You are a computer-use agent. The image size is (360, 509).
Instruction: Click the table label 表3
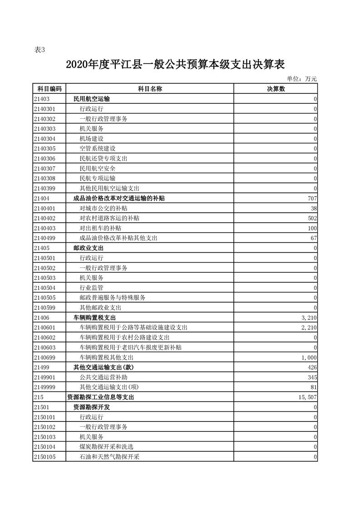click(x=40, y=50)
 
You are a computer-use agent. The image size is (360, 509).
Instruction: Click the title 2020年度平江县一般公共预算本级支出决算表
click(x=175, y=64)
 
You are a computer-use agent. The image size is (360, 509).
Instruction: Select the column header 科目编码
click(x=49, y=89)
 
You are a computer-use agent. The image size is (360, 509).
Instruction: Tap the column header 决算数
click(x=276, y=89)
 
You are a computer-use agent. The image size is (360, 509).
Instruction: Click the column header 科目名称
click(x=150, y=89)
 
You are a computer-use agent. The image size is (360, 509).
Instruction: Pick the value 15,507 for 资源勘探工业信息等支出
click(x=306, y=397)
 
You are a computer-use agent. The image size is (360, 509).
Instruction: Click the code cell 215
click(x=38, y=397)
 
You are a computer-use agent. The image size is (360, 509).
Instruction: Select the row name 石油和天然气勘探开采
click(x=109, y=457)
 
